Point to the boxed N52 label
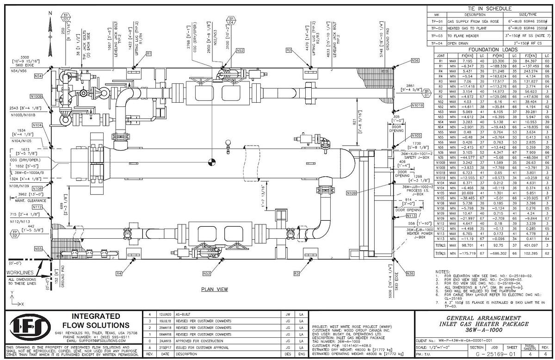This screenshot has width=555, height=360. (240, 50)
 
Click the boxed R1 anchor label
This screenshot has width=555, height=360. (148, 54)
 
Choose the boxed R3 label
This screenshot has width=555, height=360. (297, 274)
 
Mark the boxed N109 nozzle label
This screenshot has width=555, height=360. (351, 192)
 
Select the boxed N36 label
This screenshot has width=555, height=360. (410, 273)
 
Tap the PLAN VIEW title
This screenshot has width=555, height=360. (214, 289)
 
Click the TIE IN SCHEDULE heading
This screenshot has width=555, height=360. (489, 8)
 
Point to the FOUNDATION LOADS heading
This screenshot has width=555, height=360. (489, 50)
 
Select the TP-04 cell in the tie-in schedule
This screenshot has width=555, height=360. (438, 43)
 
